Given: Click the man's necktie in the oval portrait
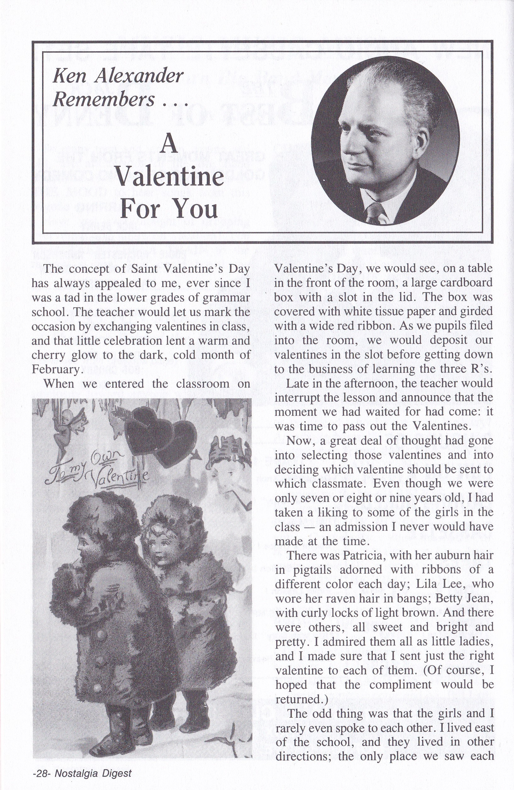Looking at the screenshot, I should (373, 214).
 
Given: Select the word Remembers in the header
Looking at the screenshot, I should (103, 99).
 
